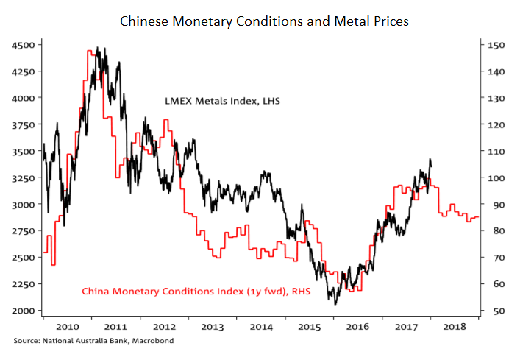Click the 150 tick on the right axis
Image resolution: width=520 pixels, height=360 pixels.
pos(495,45)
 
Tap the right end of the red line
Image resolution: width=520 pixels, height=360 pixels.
pos(479,217)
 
